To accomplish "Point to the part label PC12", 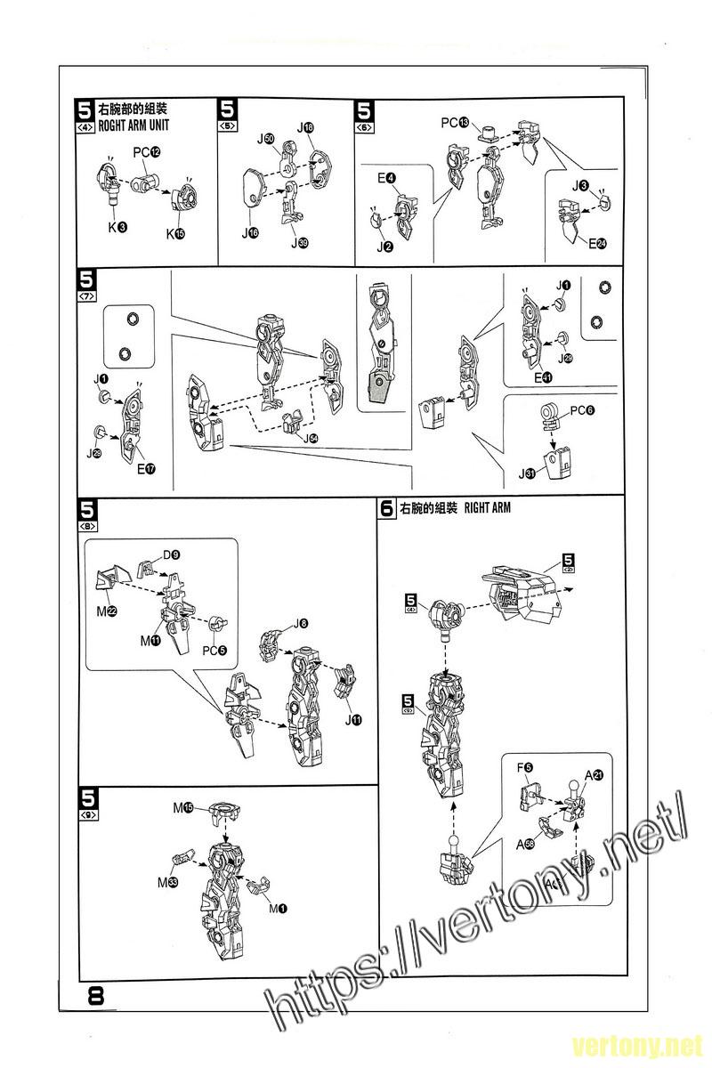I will click(x=147, y=152).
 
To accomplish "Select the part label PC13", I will click(x=455, y=121).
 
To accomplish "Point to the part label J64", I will click(x=311, y=438).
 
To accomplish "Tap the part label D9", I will click(x=171, y=555).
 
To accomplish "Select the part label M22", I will click(x=112, y=610).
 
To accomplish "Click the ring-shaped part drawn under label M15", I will click(x=226, y=811).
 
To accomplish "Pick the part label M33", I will click(x=167, y=882).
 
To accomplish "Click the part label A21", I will click(x=594, y=775).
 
